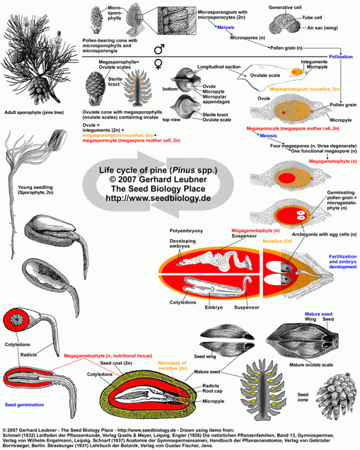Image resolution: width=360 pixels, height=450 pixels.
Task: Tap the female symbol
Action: [159, 65]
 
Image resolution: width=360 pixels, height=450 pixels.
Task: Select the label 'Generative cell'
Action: [287, 7]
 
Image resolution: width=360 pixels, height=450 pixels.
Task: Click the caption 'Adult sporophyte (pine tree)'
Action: [33, 113]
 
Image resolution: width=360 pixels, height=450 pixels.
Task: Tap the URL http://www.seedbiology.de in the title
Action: [158, 197]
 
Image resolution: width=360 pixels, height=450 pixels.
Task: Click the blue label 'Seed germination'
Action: [24, 405]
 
